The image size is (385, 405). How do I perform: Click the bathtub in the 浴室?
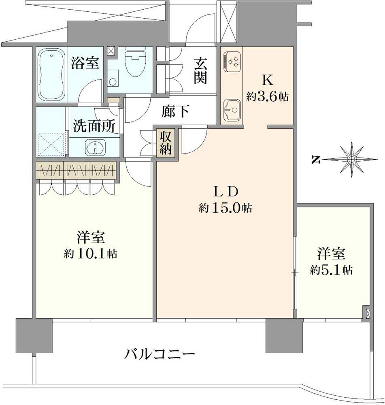click(51, 75)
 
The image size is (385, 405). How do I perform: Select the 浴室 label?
click(85, 63)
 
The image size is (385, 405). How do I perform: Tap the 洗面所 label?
click(94, 126)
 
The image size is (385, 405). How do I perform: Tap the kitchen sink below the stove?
click(232, 110)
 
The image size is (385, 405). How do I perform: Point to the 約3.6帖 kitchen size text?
click(267, 97)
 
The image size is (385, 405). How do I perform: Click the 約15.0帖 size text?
click(225, 208)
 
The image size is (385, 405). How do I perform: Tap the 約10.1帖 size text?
click(91, 254)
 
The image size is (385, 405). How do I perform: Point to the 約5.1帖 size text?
click(331, 270)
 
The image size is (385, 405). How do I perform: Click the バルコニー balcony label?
click(160, 355)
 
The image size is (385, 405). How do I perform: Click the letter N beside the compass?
click(315, 160)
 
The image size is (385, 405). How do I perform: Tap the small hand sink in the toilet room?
click(113, 81)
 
